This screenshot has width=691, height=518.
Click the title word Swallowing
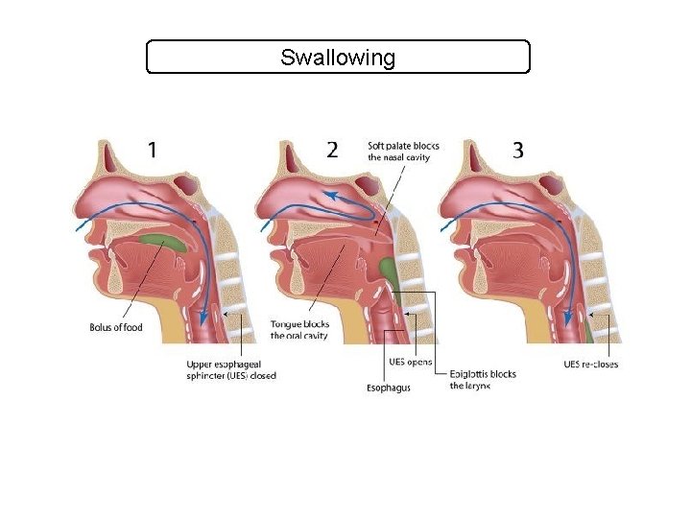pos(337,58)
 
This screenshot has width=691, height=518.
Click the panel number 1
pos(153,151)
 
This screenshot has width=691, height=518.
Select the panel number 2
pos(332,150)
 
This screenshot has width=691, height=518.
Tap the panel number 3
pos(517,150)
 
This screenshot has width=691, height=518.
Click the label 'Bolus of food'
pos(115,328)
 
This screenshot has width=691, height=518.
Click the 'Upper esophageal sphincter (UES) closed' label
pos(231,369)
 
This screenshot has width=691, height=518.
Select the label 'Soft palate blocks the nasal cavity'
pos(403,152)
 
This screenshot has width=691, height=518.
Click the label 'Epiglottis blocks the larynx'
pos(483,380)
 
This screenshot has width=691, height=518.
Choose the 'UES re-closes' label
pos(590,364)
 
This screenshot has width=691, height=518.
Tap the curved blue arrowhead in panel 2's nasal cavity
pos(328,195)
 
